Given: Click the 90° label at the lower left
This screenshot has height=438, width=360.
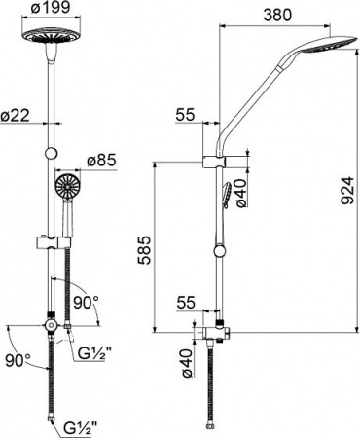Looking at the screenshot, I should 16,360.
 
